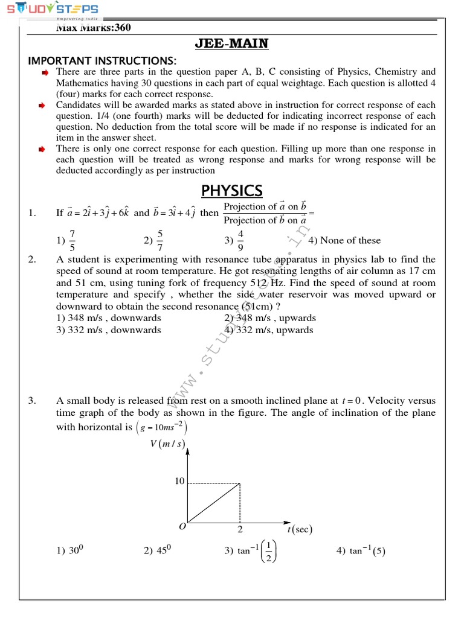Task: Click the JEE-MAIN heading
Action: point(231,43)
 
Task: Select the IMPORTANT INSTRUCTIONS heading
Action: point(103,61)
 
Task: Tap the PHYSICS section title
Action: point(231,191)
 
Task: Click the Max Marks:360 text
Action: point(94,28)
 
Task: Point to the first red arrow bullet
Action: point(44,72)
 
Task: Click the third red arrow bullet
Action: point(44,148)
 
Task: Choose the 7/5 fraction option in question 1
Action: point(72,240)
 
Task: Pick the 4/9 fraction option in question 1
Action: point(240,240)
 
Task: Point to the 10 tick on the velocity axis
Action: point(179,482)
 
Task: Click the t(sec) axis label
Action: point(299,530)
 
